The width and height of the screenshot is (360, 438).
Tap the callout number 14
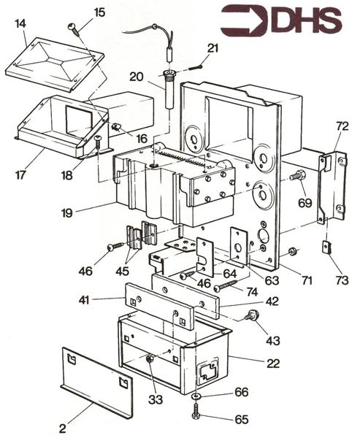pyautogui.click(x=20, y=24)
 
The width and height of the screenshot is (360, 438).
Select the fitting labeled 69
pyautogui.click(x=297, y=176)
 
